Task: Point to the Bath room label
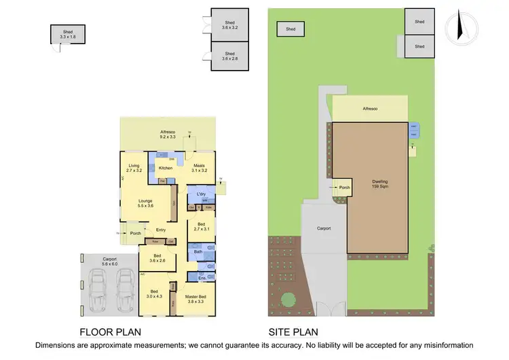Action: pyautogui.click(x=198, y=252)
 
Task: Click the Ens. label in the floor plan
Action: pyautogui.click(x=202, y=278)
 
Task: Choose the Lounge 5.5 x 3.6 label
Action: pyautogui.click(x=145, y=203)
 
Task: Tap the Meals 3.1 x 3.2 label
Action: pyautogui.click(x=200, y=168)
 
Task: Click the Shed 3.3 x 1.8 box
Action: pyautogui.click(x=68, y=34)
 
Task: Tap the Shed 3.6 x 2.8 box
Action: pyautogui.click(x=229, y=56)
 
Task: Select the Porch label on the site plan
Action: pyautogui.click(x=345, y=188)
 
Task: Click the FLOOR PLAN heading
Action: pyautogui.click(x=111, y=333)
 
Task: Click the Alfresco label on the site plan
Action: pyautogui.click(x=370, y=109)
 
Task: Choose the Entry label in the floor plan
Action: pyautogui.click(x=161, y=230)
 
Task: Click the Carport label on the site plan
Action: pyautogui.click(x=324, y=228)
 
